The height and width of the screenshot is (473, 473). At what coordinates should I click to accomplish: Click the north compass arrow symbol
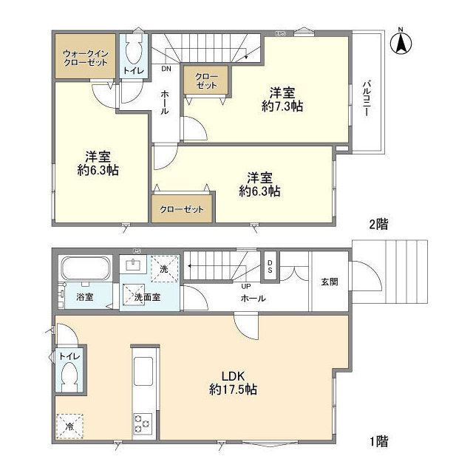pyautogui.click(x=401, y=42)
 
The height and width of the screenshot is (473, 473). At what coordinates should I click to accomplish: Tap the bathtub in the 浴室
pyautogui.click(x=86, y=270)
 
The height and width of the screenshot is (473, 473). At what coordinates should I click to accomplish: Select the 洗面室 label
pyautogui.click(x=148, y=298)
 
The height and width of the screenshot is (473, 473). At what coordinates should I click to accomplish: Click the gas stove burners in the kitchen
pyautogui.click(x=142, y=423)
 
